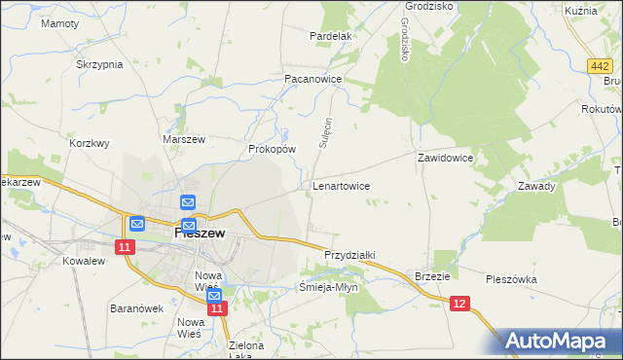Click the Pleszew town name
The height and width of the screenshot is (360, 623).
tap(200, 234)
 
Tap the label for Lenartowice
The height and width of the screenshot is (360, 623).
tap(340, 184)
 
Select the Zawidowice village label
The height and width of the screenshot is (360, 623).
tap(445, 157)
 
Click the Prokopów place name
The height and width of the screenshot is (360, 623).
tap(272, 149)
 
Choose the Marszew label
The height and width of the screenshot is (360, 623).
tap(184, 139)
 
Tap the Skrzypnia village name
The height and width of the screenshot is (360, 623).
tap(99, 64)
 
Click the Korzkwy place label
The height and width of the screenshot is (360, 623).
tap(90, 142)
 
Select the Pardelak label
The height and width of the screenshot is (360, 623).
tap(330, 36)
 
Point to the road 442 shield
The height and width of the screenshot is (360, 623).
tap(600, 64)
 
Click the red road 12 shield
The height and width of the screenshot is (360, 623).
tap(460, 305)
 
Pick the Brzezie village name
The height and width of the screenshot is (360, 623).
tap(432, 275)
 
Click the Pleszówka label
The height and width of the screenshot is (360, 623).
tap(511, 279)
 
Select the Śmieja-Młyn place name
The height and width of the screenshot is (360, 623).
tap(329, 287)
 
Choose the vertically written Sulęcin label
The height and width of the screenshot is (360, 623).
tap(327, 132)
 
